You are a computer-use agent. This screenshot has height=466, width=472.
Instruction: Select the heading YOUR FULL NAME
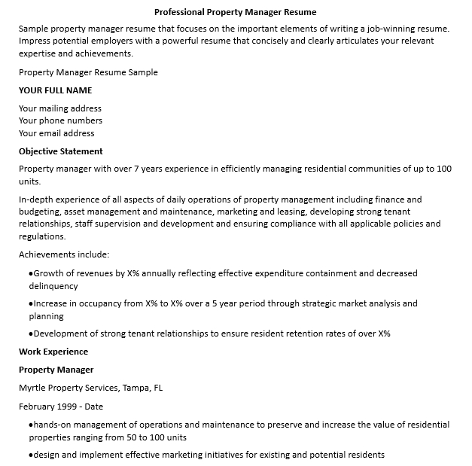pos(55,90)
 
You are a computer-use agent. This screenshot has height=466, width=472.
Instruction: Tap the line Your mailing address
pos(60,108)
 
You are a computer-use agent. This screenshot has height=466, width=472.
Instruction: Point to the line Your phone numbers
pos(60,120)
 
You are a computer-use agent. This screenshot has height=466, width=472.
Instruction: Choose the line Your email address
pos(56,133)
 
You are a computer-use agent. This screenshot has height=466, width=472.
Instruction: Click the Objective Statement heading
pos(61,151)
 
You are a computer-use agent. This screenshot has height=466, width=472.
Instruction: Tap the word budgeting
pos(40,212)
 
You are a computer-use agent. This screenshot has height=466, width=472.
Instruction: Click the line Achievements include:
pos(64,254)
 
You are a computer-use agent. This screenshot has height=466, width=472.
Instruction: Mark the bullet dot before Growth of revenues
pos(31,274)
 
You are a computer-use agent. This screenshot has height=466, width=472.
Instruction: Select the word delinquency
pos(53,286)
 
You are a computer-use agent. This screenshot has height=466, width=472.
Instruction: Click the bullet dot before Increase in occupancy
pos(31,304)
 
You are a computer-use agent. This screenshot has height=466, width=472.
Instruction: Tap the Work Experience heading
pos(53,352)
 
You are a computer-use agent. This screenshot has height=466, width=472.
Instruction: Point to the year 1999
pos(67,407)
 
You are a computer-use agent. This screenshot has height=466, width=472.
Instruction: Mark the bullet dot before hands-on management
pos(31,425)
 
